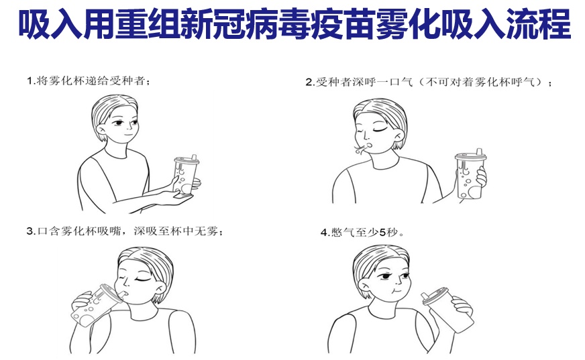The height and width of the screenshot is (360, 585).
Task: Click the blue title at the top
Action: (x=295, y=25)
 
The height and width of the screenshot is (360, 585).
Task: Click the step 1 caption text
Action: (x=89, y=80)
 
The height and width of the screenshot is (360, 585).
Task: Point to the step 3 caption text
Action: (x=125, y=231)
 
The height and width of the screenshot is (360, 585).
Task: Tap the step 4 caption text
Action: (x=362, y=233)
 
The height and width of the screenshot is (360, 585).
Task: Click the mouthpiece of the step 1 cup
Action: (x=194, y=157)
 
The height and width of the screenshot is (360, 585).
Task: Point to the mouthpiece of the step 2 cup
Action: (x=479, y=152)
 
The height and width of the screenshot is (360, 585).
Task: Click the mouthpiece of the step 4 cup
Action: (x=425, y=296)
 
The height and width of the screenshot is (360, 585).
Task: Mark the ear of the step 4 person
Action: (x=364, y=286)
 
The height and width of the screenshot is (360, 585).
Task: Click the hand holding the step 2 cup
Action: (x=480, y=176)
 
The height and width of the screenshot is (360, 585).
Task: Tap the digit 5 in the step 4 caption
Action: (x=382, y=233)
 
